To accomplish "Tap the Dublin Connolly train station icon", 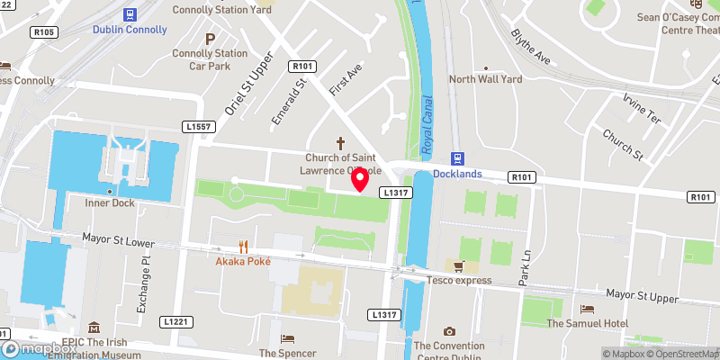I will click(130, 13).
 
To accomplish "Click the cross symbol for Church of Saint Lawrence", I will click(341, 142).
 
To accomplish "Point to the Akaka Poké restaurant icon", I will click(243, 246).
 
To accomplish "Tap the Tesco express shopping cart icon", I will click(459, 265).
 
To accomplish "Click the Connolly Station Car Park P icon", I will click(210, 39).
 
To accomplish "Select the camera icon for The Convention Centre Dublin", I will click(449, 331).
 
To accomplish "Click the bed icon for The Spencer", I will click(287, 338).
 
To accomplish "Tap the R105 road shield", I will click(43, 32).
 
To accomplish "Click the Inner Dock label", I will click(109, 202).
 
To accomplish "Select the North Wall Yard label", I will click(485, 79).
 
